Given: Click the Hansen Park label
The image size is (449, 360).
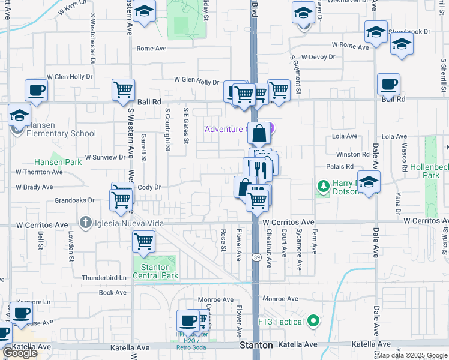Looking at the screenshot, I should [x=58, y=162].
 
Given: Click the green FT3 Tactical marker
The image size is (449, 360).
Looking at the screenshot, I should [x=313, y=322].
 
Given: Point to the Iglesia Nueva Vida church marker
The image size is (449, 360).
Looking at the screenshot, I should [x=86, y=223].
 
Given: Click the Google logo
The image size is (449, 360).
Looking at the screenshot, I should [x=20, y=353].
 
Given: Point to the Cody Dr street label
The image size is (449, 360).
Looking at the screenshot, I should [x=149, y=187].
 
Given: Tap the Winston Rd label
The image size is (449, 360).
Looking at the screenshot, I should [x=353, y=154].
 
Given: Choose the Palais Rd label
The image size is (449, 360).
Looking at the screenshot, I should [x=339, y=166].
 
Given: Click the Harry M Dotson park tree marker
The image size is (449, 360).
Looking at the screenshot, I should [x=324, y=187].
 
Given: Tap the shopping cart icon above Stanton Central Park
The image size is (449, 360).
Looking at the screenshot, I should [x=143, y=241].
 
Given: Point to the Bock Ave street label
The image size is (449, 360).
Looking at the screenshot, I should [x=113, y=292].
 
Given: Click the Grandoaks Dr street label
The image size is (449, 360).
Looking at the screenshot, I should [x=75, y=200].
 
